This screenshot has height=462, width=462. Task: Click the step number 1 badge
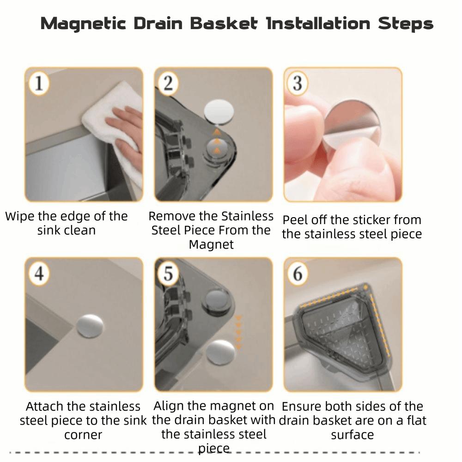39,83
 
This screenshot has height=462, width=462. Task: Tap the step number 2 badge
168,83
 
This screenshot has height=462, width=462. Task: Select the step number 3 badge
297,83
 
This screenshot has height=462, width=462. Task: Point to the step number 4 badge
39,273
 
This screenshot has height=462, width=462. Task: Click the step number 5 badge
168,273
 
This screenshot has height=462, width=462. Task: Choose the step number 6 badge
297,273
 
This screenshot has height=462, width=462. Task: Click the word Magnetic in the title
83,24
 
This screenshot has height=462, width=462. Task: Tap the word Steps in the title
406,24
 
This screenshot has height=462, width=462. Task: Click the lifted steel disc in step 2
219,111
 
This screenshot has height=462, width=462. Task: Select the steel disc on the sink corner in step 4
90,326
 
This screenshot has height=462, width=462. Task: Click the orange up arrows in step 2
217,141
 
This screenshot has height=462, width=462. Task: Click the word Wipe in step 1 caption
20,216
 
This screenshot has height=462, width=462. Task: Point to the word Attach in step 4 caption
45,406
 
